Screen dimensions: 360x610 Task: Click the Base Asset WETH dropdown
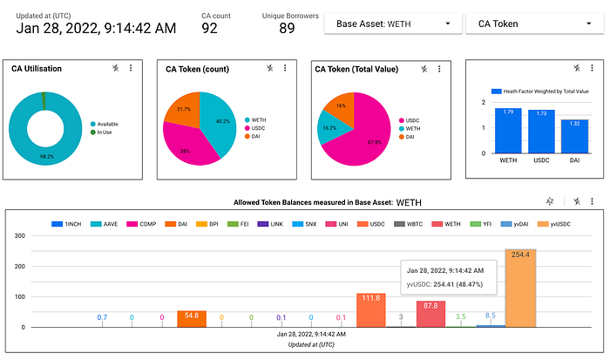392,24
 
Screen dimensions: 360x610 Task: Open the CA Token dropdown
531,24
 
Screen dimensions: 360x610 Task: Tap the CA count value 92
209,28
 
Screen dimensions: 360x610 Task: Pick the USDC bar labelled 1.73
540,132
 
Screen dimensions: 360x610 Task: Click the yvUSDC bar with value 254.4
519,288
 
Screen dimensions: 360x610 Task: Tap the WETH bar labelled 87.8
430,315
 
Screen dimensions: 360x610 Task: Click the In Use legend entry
107,132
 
